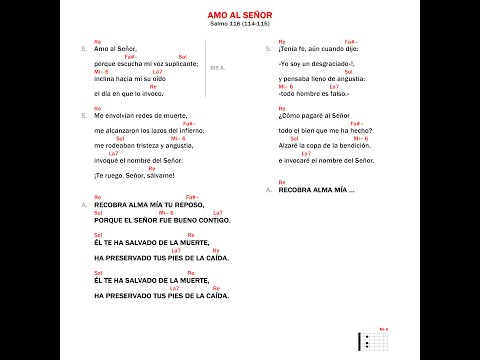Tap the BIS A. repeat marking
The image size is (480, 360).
(x=219, y=68)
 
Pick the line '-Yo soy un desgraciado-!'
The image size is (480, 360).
(x=313, y=63)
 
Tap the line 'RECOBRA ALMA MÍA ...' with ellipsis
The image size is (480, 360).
(x=310, y=189)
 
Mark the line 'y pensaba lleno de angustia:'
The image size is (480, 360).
(x=322, y=77)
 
